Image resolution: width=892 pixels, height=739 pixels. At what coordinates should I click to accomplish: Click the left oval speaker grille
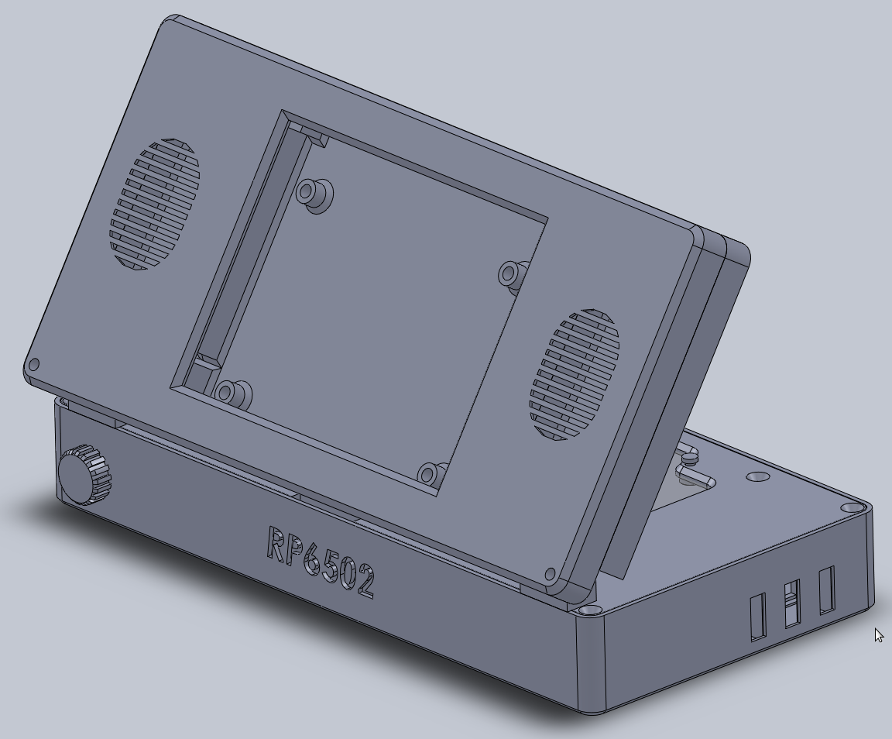[155, 205]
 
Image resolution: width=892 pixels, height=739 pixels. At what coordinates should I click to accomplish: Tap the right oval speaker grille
[575, 375]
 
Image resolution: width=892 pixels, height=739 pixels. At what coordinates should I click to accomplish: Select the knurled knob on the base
[84, 475]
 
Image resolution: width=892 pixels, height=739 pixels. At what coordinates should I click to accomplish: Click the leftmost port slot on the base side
[757, 617]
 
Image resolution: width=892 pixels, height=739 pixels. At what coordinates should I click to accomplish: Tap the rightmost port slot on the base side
[826, 589]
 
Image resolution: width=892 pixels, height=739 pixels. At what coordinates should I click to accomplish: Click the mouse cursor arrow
[879, 635]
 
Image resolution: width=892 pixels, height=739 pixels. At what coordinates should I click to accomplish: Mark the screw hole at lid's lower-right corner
[551, 575]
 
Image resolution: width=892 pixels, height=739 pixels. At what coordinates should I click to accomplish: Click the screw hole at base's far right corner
[851, 508]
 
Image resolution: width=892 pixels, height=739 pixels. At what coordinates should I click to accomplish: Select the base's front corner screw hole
[593, 610]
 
